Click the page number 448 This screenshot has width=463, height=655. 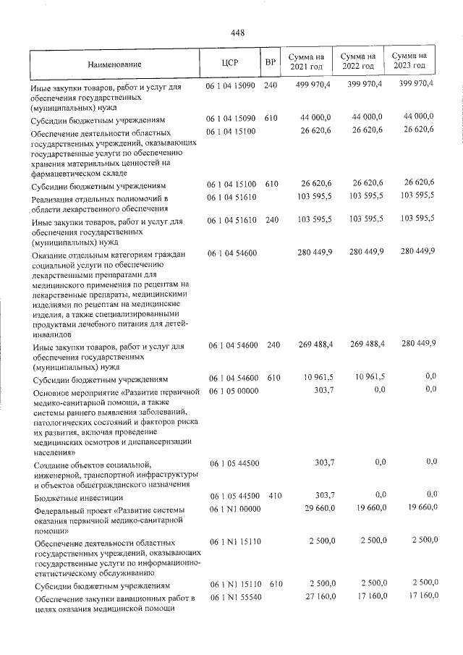click(239, 33)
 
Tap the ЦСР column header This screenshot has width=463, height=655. click(231, 62)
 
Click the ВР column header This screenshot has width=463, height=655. click(271, 62)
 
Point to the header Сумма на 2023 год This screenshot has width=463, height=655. click(409, 61)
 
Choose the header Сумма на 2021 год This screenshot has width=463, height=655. click(306, 61)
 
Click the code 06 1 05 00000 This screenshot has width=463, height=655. click(234, 391)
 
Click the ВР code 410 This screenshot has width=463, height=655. click(272, 497)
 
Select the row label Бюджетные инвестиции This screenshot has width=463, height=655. click(79, 498)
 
